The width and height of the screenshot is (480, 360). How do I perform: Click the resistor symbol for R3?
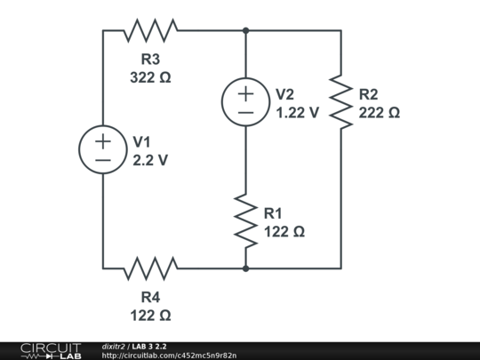coord(150,31)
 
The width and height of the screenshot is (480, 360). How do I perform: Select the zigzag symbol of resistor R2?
coord(340,101)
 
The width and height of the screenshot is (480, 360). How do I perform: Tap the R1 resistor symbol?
coord(245,220)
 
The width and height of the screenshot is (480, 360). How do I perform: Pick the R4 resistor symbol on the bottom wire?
coord(150,267)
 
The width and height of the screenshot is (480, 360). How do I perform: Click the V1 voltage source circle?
coord(103,149)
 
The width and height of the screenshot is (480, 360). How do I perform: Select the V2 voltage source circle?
coord(245,101)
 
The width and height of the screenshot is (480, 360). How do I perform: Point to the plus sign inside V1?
coord(103,140)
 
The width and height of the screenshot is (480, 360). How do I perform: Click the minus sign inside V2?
coord(245,112)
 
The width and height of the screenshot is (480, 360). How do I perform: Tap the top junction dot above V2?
coord(245,31)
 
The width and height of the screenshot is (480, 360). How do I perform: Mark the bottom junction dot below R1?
coord(245,267)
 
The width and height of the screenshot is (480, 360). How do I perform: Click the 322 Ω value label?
coord(150,77)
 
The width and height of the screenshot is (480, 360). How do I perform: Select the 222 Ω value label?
coord(379,113)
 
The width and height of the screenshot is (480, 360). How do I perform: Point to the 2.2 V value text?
coord(150,161)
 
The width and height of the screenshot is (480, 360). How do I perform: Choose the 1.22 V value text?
coord(297,113)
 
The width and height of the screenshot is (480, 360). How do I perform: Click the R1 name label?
coord(273,212)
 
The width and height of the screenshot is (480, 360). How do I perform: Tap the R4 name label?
coord(150,297)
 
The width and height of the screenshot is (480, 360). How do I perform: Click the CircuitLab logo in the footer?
coord(50,350)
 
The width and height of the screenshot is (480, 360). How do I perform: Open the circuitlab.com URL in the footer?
coord(169,356)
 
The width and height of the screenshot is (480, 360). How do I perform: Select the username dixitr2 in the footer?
coord(113,346)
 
